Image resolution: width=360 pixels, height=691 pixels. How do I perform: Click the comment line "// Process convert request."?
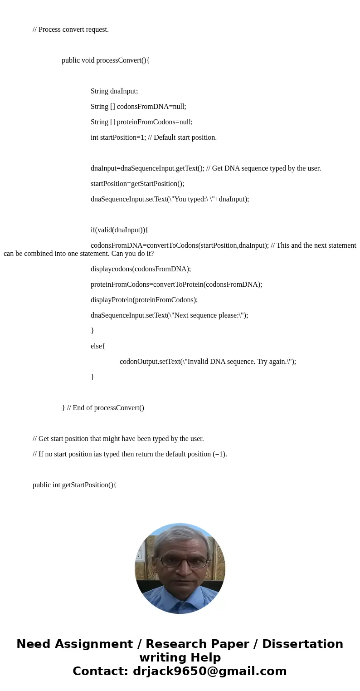pos(71,29)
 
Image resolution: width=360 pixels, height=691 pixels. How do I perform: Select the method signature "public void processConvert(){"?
pos(106,60)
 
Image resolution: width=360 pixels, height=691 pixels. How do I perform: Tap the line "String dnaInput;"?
pos(114,91)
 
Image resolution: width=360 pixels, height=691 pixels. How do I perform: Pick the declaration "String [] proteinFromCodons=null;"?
pos(141,122)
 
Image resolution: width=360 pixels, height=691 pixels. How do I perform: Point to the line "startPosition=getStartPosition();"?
pos(137,184)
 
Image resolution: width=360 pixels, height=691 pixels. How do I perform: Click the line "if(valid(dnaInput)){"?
pos(119,230)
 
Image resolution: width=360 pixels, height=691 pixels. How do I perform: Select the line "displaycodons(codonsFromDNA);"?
pos(141,269)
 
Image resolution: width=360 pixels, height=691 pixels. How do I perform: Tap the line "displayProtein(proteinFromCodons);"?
pos(144,300)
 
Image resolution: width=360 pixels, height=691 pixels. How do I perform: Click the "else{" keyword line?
pos(98,346)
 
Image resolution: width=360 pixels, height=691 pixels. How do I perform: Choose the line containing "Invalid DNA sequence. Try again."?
pos(208,362)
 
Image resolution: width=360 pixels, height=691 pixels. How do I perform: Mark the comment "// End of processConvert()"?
pos(106,408)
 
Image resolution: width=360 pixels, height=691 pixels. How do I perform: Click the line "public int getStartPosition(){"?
pos(74,485)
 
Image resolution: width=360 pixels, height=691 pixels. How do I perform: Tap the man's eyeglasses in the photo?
pos(180,562)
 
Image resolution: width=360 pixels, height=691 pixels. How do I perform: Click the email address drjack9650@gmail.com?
pos(209,671)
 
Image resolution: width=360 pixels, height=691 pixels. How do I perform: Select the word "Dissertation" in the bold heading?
pos(302,644)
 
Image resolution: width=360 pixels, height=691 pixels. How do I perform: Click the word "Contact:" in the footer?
pos(100,671)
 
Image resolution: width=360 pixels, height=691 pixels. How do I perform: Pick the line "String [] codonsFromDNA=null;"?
pos(138,107)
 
